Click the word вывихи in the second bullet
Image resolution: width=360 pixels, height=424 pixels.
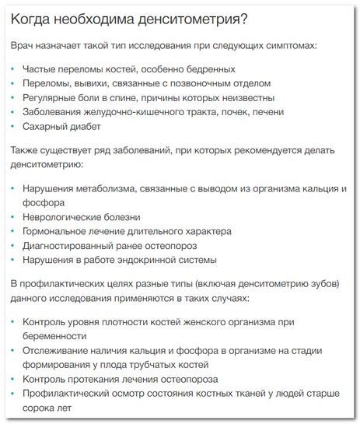(x=95, y=83)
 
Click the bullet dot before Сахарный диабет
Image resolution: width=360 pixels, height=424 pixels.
(x=13, y=128)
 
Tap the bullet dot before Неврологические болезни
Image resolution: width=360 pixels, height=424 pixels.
(x=13, y=217)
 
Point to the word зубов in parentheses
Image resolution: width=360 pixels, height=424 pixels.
(x=313, y=283)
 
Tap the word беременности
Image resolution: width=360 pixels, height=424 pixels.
(x=54, y=336)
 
